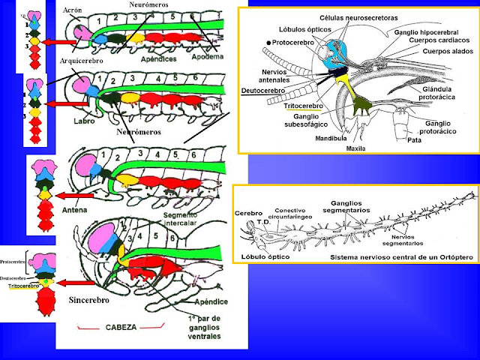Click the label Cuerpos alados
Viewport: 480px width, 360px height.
coord(440,53)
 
